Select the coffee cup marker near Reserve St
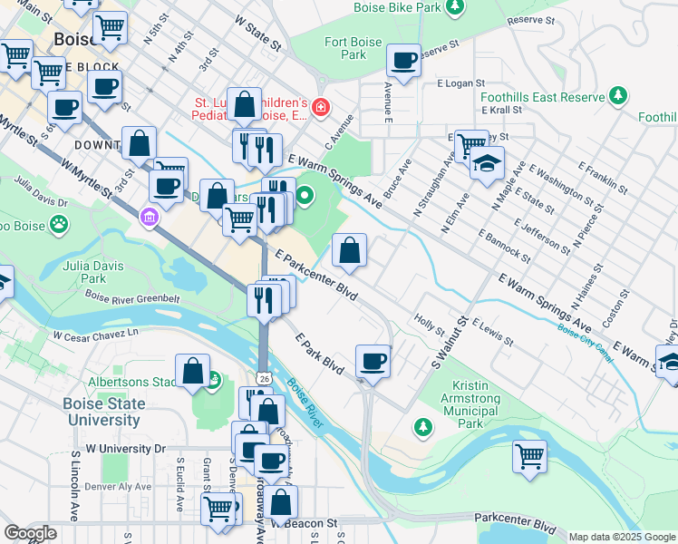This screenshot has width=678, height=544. (403, 61)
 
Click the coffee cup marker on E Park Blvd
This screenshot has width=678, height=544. (373, 362)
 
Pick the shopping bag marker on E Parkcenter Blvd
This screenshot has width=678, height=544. (349, 250)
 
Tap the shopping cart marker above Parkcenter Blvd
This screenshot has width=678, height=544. (529, 456)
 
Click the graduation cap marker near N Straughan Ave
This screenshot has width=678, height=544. (487, 164)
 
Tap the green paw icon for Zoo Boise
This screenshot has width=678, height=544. (59, 222)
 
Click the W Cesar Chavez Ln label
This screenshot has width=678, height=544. (95, 335)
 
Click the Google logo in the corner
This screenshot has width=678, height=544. (30, 533)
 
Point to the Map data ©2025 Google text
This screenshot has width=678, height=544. (620, 537)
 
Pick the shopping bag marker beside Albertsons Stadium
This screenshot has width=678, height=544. (193, 372)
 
